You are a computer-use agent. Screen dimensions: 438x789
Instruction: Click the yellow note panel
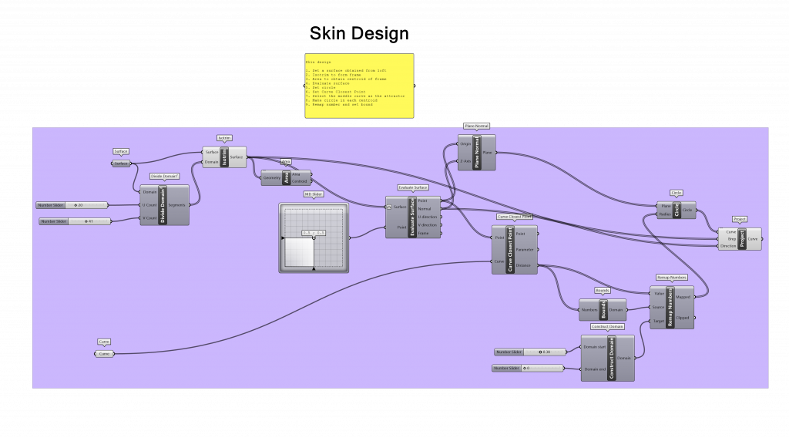click(x=359, y=85)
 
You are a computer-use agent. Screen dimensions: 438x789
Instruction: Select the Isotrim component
click(x=224, y=157)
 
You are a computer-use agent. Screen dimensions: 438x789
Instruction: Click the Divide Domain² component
click(x=163, y=204)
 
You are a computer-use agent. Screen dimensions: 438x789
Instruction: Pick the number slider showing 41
click(x=75, y=221)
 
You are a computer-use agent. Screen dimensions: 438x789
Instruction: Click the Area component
click(x=286, y=178)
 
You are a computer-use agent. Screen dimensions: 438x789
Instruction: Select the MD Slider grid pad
click(x=313, y=238)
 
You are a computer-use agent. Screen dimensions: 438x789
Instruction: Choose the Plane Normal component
click(x=476, y=152)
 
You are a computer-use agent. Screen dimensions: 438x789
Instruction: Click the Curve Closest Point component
click(x=509, y=248)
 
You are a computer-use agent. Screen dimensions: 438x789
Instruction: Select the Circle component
click(x=677, y=210)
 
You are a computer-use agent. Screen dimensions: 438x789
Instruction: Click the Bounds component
click(x=603, y=309)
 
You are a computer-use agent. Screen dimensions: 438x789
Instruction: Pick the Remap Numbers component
click(x=671, y=307)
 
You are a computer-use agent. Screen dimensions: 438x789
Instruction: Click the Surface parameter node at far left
click(x=121, y=163)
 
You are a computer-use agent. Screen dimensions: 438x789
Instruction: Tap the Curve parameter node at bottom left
click(x=105, y=354)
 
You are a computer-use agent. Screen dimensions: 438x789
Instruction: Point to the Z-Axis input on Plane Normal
click(x=465, y=161)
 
